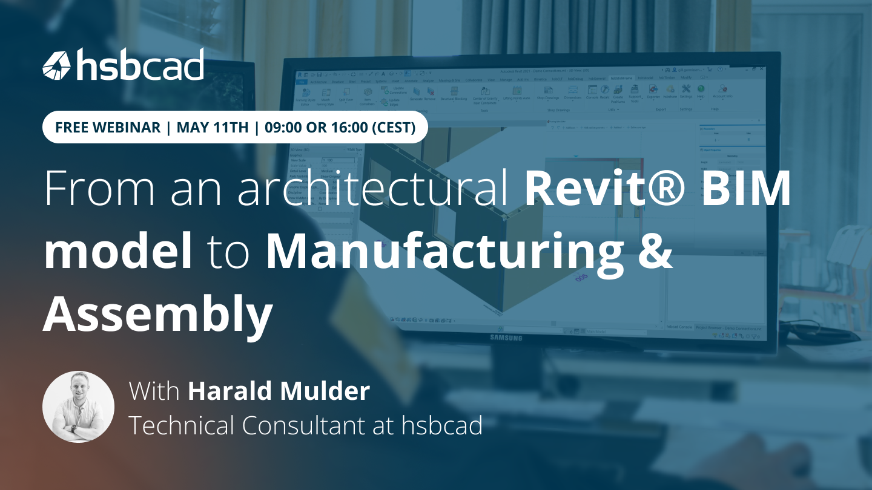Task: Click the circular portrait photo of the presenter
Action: [x=78, y=407]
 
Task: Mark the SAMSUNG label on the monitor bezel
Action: [x=506, y=338]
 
